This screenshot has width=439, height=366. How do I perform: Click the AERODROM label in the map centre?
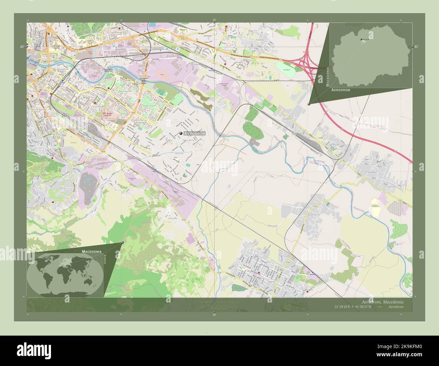[x=195, y=134]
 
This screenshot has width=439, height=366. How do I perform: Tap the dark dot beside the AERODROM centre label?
[x=181, y=134]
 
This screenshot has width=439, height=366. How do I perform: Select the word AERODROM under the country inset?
[x=341, y=90]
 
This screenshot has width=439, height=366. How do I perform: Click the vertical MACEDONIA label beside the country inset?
[x=327, y=77]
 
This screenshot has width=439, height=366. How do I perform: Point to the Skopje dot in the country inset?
[x=361, y=40]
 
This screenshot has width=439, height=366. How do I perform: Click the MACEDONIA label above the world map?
[x=91, y=252]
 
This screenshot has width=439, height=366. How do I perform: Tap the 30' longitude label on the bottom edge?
[x=214, y=314]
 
